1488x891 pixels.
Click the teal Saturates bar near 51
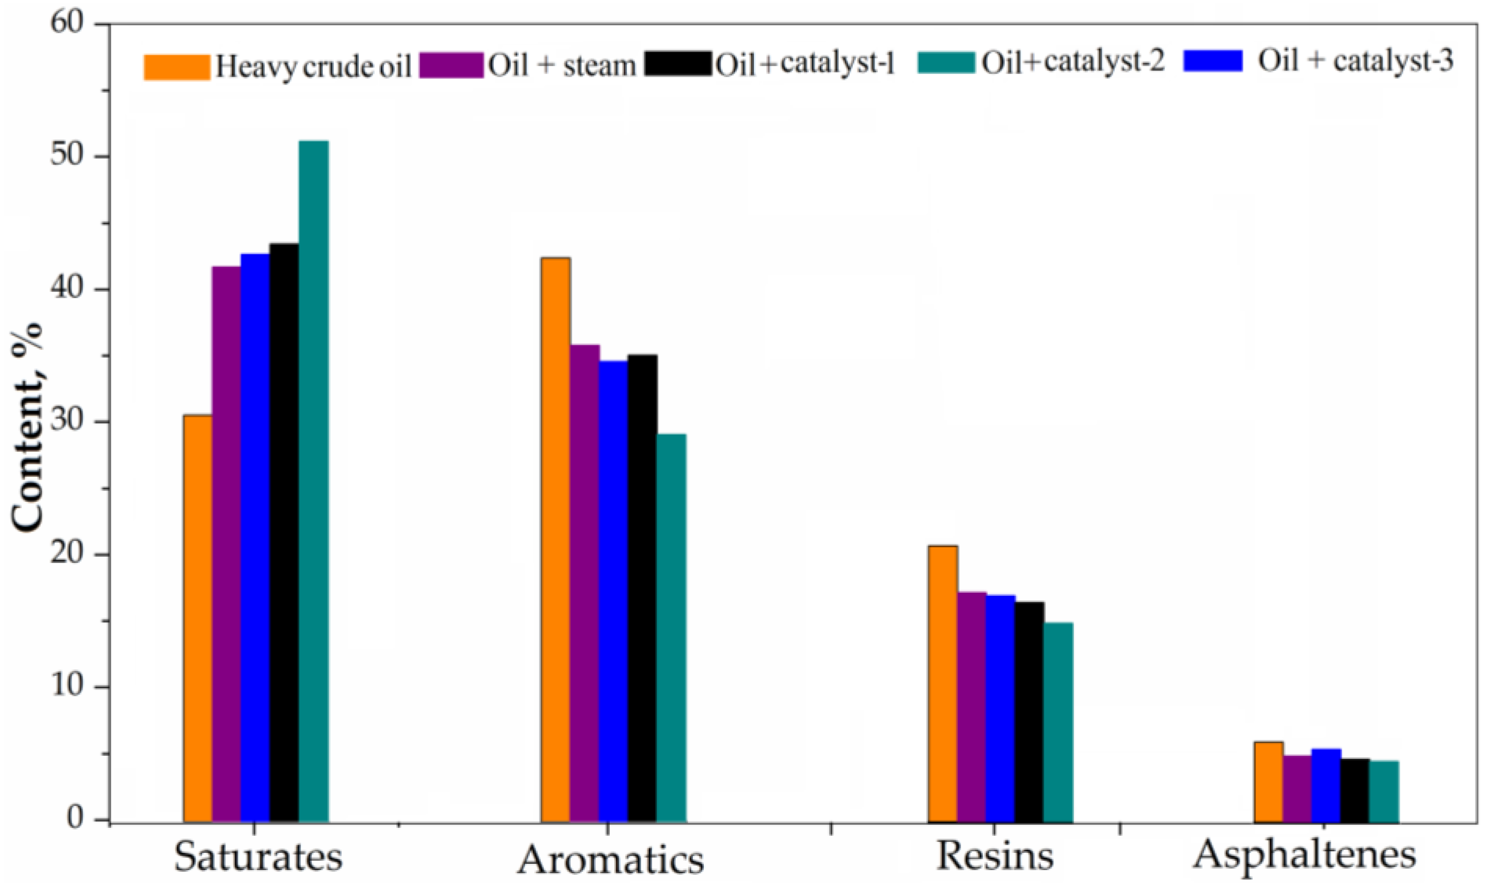click(313, 480)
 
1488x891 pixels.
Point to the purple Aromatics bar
click(584, 582)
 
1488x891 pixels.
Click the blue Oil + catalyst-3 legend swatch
click(1213, 61)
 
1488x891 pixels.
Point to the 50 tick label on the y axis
click(72, 157)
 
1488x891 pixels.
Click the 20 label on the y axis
click(72, 554)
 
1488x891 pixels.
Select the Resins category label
click(995, 855)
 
